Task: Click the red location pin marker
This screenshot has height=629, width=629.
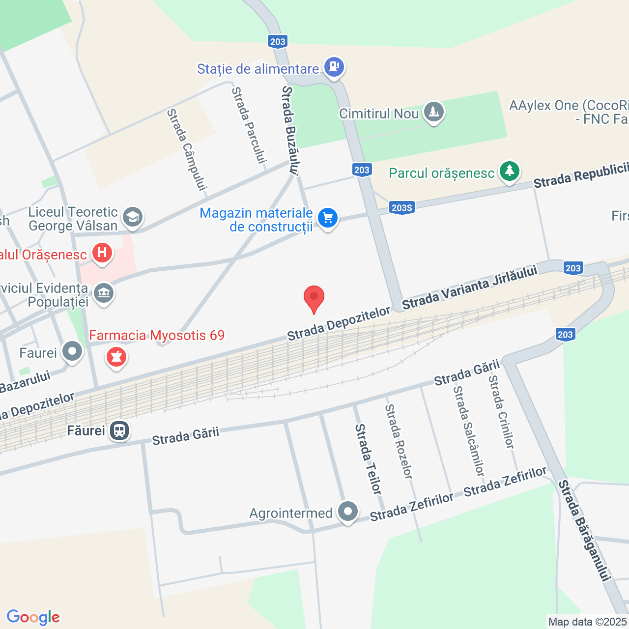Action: pyautogui.click(x=314, y=298)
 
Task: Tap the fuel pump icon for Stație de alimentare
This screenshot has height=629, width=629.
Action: pyautogui.click(x=334, y=66)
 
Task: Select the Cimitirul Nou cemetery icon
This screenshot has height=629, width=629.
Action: pyautogui.click(x=433, y=112)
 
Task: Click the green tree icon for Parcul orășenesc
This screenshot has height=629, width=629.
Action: pyautogui.click(x=510, y=171)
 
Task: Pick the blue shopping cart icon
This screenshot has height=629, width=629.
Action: pyautogui.click(x=328, y=218)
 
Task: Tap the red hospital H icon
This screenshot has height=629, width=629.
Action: pyautogui.click(x=102, y=253)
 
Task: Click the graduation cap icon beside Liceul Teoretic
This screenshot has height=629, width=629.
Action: pyautogui.click(x=132, y=217)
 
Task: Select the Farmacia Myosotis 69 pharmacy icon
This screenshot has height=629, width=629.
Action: pyautogui.click(x=116, y=357)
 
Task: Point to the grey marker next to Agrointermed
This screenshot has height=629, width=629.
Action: pyautogui.click(x=348, y=512)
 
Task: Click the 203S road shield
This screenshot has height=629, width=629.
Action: pyautogui.click(x=401, y=208)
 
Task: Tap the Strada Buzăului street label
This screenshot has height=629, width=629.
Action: pyautogui.click(x=290, y=131)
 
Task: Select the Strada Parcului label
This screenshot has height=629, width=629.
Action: pyautogui.click(x=249, y=125)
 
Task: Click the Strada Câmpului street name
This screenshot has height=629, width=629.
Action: pyautogui.click(x=187, y=149)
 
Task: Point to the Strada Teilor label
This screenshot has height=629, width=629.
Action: pyautogui.click(x=368, y=459)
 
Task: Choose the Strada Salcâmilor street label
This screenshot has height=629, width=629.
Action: pyautogui.click(x=469, y=430)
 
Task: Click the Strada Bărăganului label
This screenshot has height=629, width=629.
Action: pyautogui.click(x=585, y=531)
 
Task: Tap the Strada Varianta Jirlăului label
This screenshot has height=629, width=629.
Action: pyautogui.click(x=470, y=288)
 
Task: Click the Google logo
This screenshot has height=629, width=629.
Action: pyautogui.click(x=33, y=617)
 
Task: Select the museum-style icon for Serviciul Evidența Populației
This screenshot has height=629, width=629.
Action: pyautogui.click(x=103, y=294)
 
